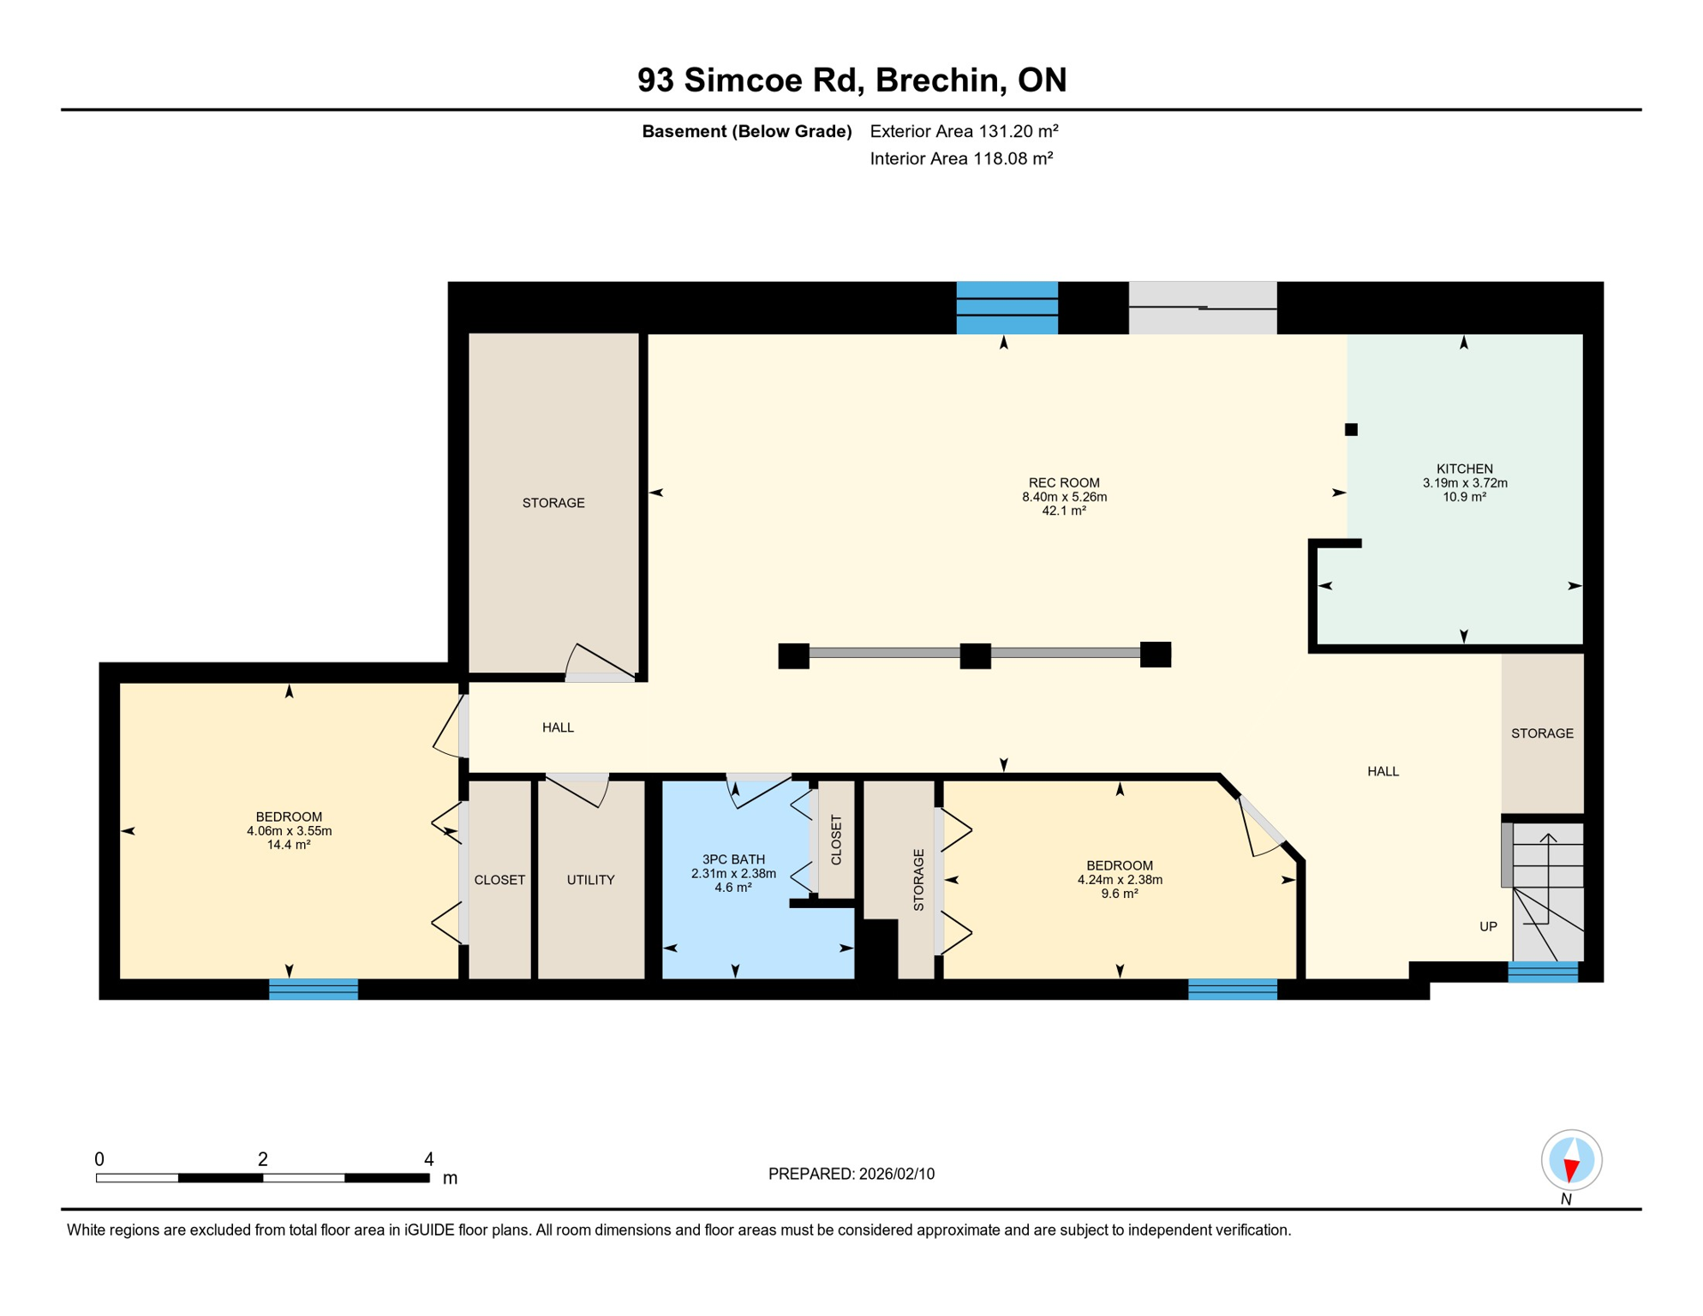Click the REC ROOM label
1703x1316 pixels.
[x=1063, y=482]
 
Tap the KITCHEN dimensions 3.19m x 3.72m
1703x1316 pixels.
[x=1464, y=482]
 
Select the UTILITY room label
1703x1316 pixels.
[x=590, y=880]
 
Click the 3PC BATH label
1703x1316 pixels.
[x=733, y=859]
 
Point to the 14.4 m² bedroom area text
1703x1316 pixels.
[x=289, y=845]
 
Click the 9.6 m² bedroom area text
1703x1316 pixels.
[x=1119, y=894]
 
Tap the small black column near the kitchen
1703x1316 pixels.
[x=1351, y=429]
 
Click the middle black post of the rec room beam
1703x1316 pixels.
[x=975, y=655]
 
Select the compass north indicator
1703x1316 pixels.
[x=1571, y=1161]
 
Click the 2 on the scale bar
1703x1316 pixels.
[x=263, y=1159]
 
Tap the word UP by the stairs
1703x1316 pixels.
[x=1488, y=926]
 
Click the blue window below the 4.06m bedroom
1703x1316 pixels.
[x=314, y=989]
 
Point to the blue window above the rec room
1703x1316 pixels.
[x=1007, y=308]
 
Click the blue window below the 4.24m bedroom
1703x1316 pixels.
[x=1232, y=989]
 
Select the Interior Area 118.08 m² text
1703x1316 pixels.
[x=960, y=159]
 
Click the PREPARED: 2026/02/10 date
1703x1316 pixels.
[x=851, y=1174]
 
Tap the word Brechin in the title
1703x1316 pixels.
[x=940, y=80]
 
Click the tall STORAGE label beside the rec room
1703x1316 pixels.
[x=553, y=503]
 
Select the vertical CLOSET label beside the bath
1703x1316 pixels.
[x=836, y=840]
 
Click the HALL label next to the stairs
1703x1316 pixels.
[x=1383, y=771]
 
